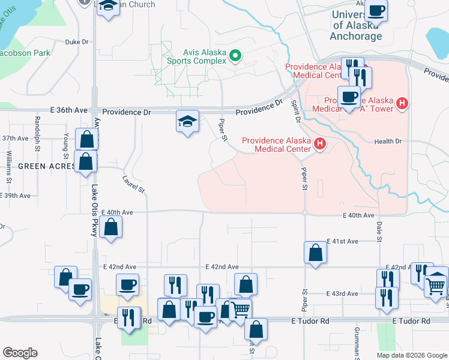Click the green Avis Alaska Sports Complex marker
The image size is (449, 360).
(235, 57)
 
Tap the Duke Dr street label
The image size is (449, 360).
(77, 42)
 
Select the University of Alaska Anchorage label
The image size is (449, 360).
(357, 26)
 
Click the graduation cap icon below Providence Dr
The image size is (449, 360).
(188, 121)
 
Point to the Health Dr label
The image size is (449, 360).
(388, 141)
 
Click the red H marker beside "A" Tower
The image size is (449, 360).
(402, 104)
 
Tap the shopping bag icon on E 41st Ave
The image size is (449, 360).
(315, 253)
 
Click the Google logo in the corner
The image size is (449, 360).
(20, 353)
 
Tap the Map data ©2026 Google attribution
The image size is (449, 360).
(412, 355)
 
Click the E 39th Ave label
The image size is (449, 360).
(16, 196)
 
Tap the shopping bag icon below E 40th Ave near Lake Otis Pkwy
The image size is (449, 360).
(111, 227)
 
